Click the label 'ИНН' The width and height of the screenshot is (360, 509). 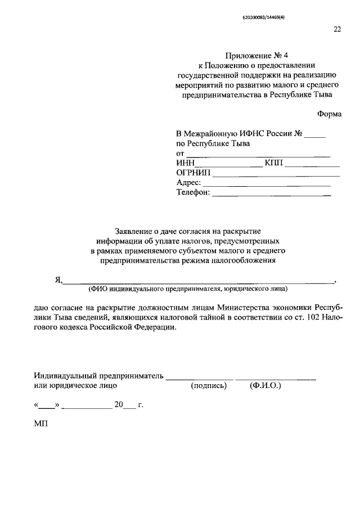coord(185,163)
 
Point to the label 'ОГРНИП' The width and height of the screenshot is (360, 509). coord(193,173)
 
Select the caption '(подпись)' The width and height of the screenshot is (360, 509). coord(209,386)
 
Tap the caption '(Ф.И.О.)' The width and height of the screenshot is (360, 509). coord(265,386)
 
